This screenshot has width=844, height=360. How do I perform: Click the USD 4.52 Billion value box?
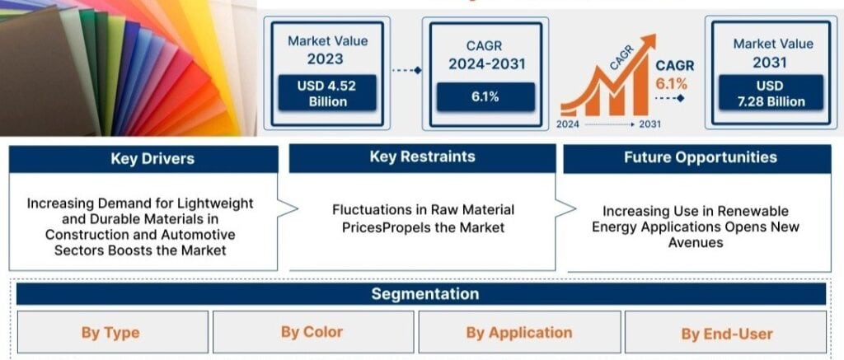tap(327, 93)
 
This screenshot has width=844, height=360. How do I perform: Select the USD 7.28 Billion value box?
tap(771, 93)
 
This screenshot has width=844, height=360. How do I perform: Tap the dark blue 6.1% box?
tap(485, 97)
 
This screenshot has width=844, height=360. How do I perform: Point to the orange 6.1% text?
tap(671, 83)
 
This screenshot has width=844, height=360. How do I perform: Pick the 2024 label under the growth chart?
tap(568, 124)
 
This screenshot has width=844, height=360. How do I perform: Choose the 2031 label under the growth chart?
tap(649, 124)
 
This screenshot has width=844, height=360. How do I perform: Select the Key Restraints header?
tap(423, 157)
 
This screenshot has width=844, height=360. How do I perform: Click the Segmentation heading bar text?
tap(424, 294)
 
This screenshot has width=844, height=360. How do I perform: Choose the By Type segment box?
tap(112, 333)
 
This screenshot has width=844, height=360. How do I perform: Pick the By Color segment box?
tap(312, 331)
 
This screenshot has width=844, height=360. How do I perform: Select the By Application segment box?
tap(519, 333)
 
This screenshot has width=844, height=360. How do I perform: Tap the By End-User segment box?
tap(725, 334)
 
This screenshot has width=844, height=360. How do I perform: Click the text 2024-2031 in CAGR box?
tap(486, 64)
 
